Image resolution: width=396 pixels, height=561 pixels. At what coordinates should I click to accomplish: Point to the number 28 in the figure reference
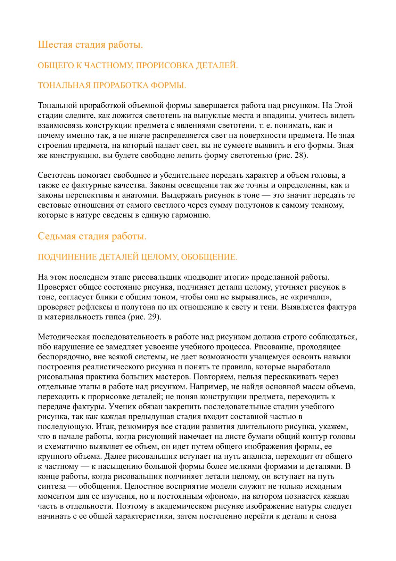coord(299,155)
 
